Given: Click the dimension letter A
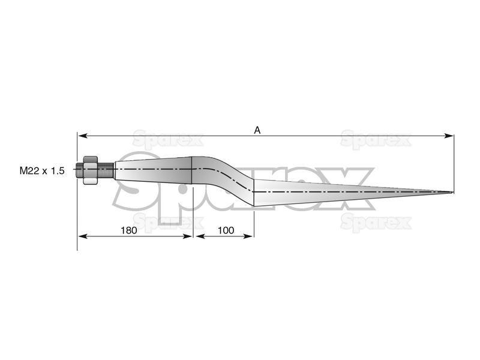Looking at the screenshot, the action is [257, 130].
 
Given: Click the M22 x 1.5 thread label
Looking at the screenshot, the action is [42, 170].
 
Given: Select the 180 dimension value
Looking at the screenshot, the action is [128, 230].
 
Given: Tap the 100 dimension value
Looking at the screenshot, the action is [226, 230].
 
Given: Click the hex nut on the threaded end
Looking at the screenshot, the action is [91, 170].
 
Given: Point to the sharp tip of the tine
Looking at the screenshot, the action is [453, 192].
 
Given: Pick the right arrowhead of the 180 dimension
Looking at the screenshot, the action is [187, 236].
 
